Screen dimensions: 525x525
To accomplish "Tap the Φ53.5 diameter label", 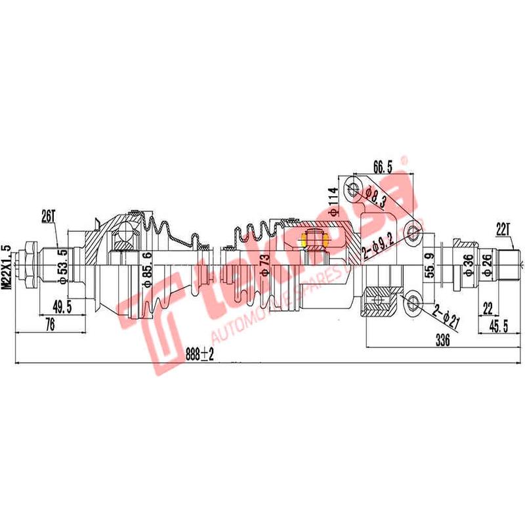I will click(x=63, y=266).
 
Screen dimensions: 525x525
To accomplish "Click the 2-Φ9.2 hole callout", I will click(x=381, y=245).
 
